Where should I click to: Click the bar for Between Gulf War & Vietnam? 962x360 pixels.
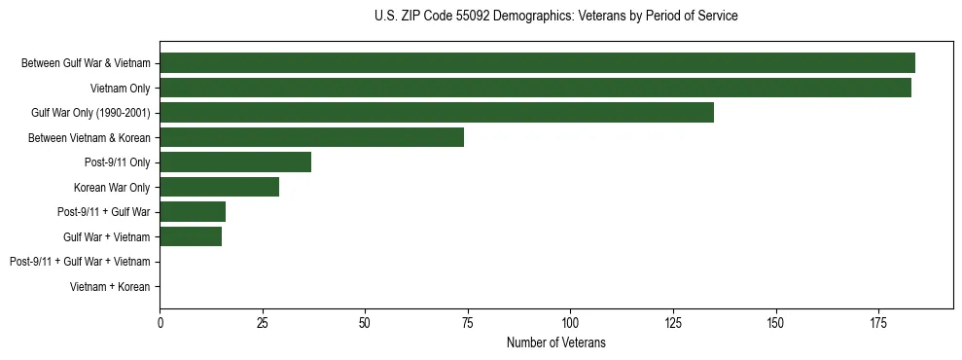click(x=537, y=63)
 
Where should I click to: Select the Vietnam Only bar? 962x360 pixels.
click(x=535, y=88)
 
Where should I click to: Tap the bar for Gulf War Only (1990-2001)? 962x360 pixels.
click(x=437, y=113)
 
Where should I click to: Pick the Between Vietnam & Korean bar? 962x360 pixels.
click(x=311, y=137)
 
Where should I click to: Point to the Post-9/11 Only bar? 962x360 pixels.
click(x=235, y=162)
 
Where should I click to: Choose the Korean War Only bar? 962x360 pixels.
click(x=219, y=187)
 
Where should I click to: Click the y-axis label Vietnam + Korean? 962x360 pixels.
click(x=110, y=287)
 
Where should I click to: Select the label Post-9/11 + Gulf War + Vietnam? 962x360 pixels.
click(x=80, y=262)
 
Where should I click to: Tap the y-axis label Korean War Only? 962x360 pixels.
click(x=112, y=187)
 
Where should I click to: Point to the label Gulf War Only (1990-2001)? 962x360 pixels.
click(x=90, y=113)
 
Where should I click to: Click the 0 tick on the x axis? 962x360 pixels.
click(x=160, y=321)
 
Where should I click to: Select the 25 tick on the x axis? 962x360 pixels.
click(x=263, y=321)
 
